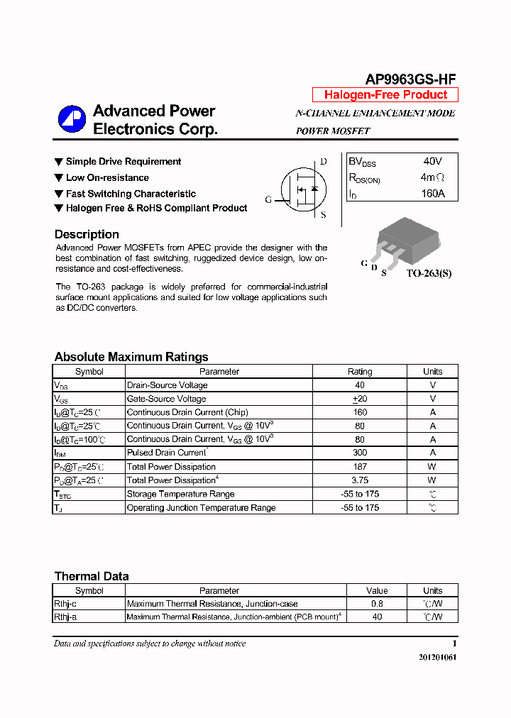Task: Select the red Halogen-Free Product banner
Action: tap(385, 95)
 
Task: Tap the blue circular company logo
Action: tap(72, 119)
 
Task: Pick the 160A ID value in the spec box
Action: tap(432, 193)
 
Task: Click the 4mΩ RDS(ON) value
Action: tap(432, 177)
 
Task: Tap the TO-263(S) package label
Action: tap(429, 273)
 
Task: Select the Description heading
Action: tap(87, 234)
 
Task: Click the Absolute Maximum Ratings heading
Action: tap(131, 357)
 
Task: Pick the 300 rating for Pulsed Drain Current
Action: tap(360, 453)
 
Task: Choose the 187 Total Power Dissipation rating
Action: tap(360, 467)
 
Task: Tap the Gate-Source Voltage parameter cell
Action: tap(166, 399)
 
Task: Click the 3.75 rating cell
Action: tap(360, 480)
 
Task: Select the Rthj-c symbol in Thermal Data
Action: tap(67, 604)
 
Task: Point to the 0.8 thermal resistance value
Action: tap(377, 604)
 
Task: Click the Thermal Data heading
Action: tap(92, 576)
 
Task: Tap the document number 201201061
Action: tap(438, 657)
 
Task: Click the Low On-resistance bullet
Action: tap(107, 177)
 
